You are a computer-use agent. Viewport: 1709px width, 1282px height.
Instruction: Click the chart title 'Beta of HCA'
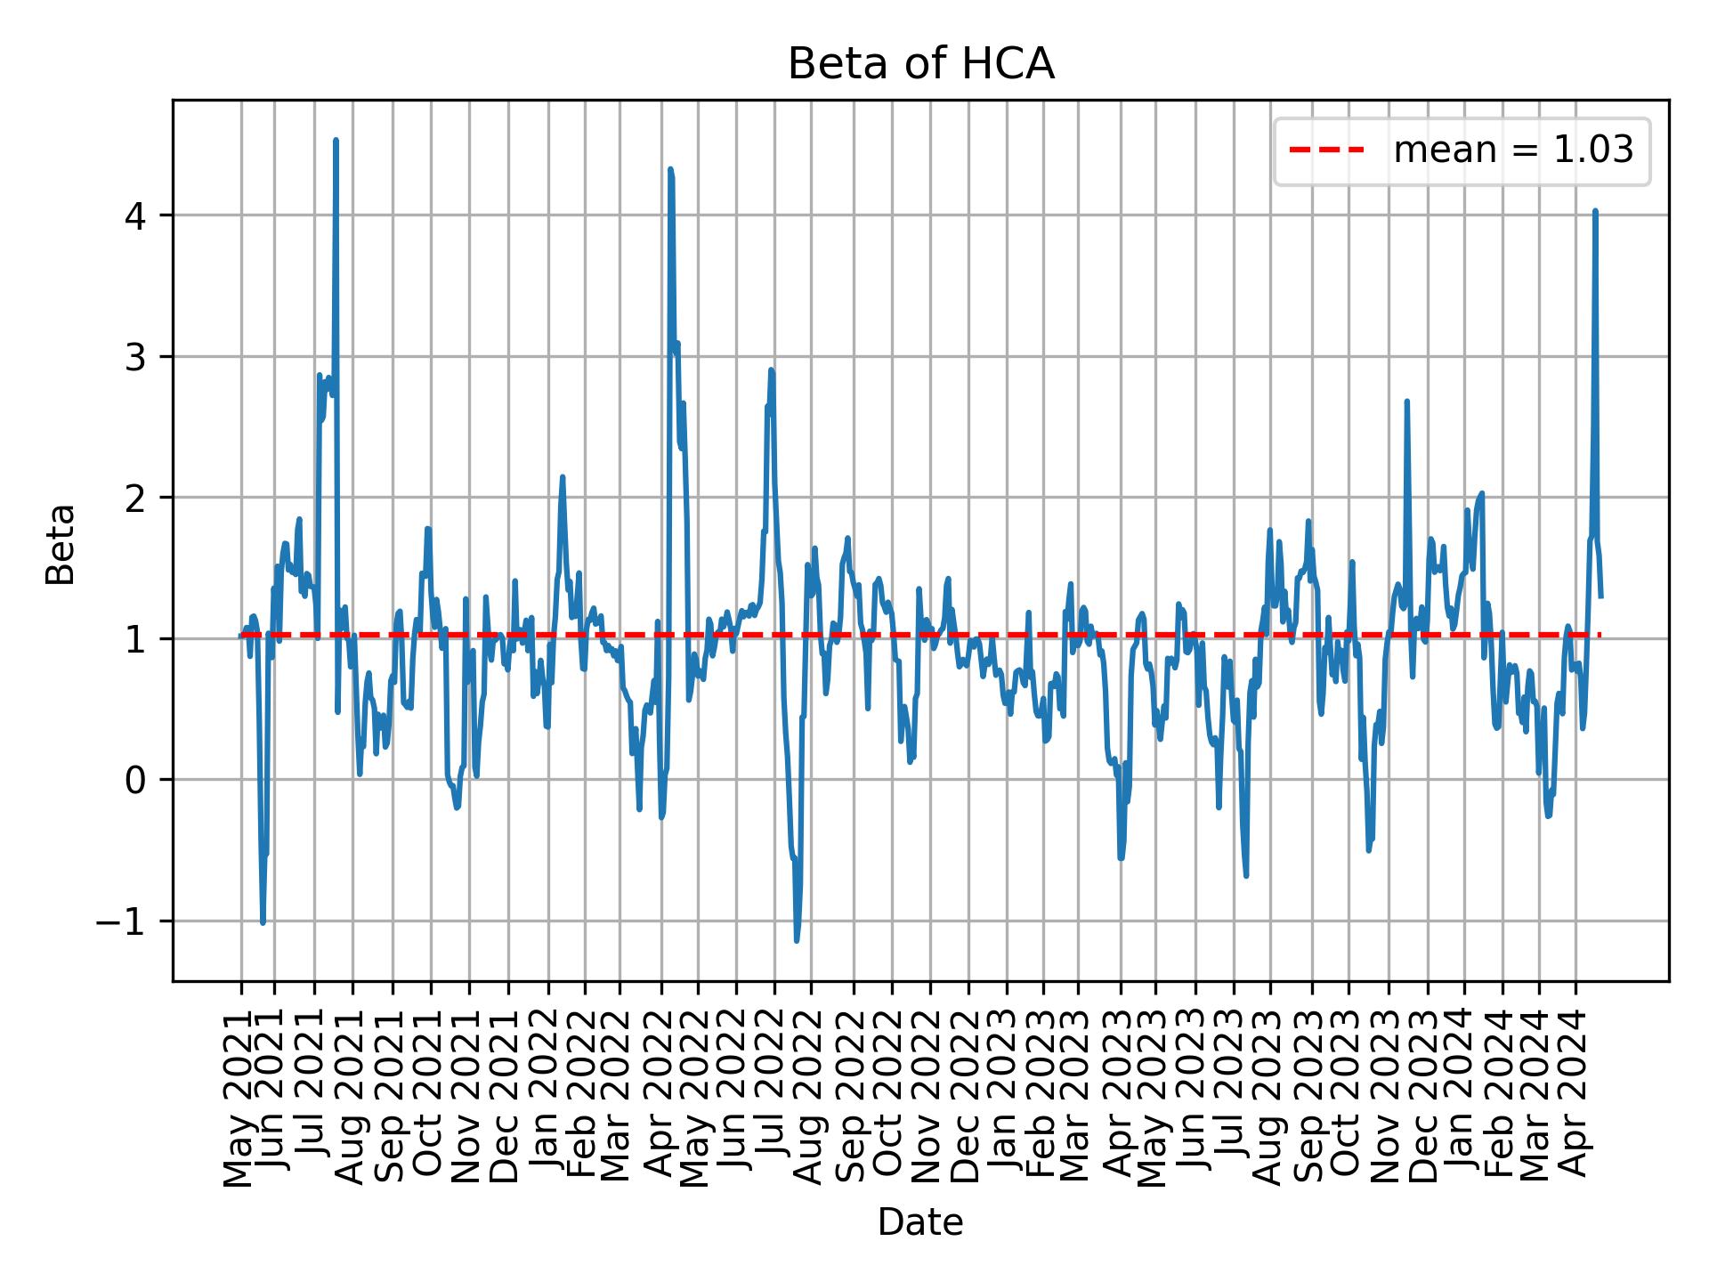pyautogui.click(x=920, y=65)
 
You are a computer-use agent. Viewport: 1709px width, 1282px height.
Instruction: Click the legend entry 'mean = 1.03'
pyautogui.click(x=1513, y=150)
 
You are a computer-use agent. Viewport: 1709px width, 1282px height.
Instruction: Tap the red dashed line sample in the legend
pyautogui.click(x=1326, y=150)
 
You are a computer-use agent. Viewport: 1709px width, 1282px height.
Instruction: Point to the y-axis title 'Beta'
pyautogui.click(x=61, y=544)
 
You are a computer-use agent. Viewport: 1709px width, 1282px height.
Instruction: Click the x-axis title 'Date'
pyautogui.click(x=920, y=1222)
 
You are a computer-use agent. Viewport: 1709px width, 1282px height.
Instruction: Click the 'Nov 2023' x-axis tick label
pyautogui.click(x=1387, y=1095)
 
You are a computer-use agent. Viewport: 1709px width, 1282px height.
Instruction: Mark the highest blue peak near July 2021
pyautogui.click(x=336, y=141)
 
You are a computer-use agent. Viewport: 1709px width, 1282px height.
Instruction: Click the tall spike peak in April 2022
pyautogui.click(x=670, y=169)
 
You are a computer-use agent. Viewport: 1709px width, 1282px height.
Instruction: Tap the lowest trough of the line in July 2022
pyautogui.click(x=797, y=940)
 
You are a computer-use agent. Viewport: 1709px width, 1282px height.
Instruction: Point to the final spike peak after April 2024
pyautogui.click(x=1595, y=211)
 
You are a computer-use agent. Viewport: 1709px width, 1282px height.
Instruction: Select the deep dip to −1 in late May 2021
pyautogui.click(x=263, y=922)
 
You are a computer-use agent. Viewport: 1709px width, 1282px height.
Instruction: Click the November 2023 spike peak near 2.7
pyautogui.click(x=1406, y=402)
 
